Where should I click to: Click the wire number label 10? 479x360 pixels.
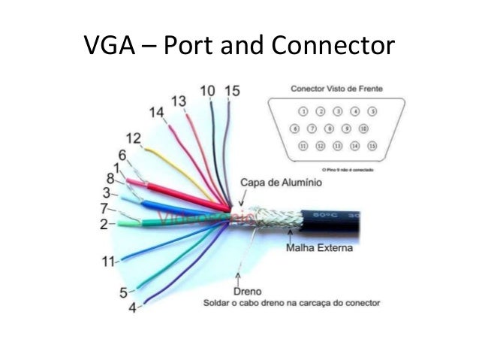coord(207,91)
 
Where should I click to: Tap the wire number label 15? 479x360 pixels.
coord(232,91)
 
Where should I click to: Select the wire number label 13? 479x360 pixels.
coord(179,101)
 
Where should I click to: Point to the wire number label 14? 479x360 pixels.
coord(156,113)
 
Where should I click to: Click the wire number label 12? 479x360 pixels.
coord(133,138)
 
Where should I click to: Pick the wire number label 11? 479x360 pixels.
coord(109,262)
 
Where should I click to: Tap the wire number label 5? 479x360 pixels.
coord(122,292)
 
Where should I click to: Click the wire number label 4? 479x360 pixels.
coord(132,308)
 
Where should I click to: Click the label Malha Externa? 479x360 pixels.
coord(319,247)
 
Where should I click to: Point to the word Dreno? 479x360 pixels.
coord(247,290)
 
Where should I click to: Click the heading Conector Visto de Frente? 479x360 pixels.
coord(336,89)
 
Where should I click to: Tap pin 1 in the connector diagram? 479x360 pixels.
coord(304,111)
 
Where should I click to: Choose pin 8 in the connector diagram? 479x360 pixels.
coord(330,129)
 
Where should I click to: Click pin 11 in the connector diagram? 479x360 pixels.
coord(304,145)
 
